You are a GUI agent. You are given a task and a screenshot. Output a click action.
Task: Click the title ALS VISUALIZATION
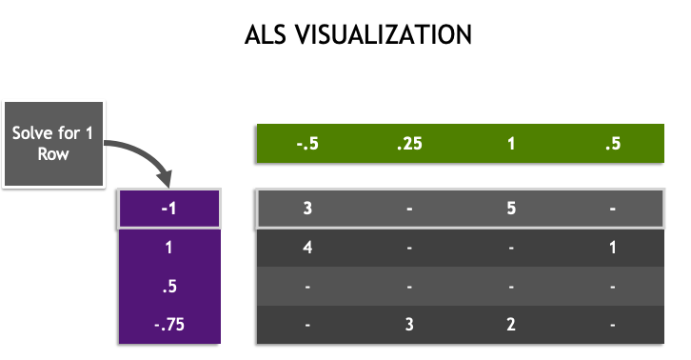pyautogui.click(x=358, y=35)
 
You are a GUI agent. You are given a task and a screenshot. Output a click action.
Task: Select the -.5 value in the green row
pyautogui.click(x=307, y=145)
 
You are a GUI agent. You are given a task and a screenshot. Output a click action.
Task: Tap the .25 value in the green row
pyautogui.click(x=408, y=145)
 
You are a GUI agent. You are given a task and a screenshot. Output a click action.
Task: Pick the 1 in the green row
pyautogui.click(x=510, y=145)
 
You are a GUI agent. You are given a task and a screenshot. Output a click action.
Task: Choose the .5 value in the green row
pyautogui.click(x=612, y=145)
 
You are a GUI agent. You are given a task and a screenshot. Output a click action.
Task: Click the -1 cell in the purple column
pyautogui.click(x=168, y=208)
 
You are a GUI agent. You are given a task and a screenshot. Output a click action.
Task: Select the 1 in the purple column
pyautogui.click(x=168, y=246)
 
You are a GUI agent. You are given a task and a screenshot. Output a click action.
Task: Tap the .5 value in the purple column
pyautogui.click(x=168, y=285)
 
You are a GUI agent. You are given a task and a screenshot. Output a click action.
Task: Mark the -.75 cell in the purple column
pyautogui.click(x=168, y=324)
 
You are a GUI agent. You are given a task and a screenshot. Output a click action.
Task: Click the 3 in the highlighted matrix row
pyautogui.click(x=307, y=208)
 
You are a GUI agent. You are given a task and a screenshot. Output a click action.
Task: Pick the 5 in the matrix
pyautogui.click(x=510, y=208)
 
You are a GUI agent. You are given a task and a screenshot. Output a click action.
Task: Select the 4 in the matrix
pyautogui.click(x=307, y=246)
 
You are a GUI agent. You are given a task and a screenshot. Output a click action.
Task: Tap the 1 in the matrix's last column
pyautogui.click(x=612, y=246)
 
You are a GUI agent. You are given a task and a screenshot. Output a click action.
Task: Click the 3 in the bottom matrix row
pyautogui.click(x=408, y=324)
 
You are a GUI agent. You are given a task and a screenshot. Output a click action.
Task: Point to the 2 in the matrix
pyautogui.click(x=510, y=324)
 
